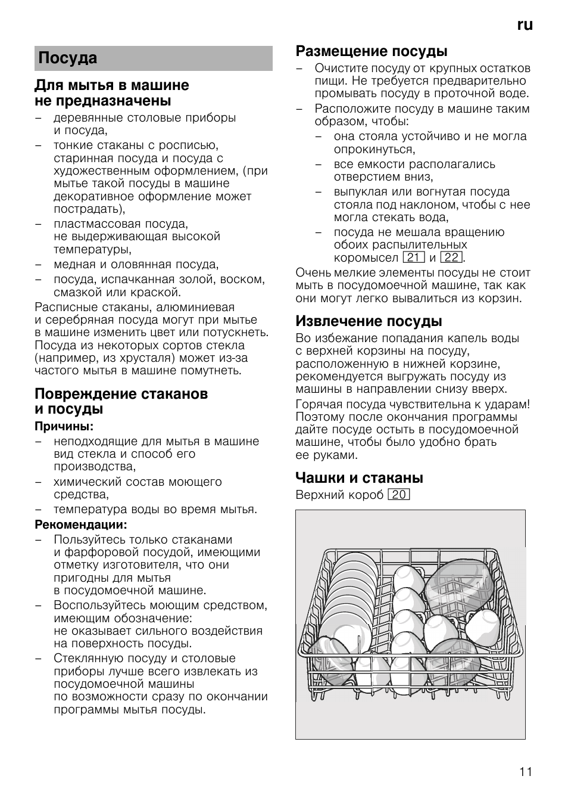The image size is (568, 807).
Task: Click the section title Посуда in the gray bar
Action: point(67,58)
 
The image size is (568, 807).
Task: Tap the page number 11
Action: point(525,772)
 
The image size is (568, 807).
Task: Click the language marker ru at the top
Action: point(525,24)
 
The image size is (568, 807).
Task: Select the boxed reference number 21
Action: point(413,257)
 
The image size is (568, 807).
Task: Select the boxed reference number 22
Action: point(451,257)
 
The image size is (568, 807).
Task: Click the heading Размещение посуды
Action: point(372,51)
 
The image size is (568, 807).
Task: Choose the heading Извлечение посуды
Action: point(369,321)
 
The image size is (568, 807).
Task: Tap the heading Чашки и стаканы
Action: point(359,477)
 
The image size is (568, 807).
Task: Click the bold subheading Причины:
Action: point(64,426)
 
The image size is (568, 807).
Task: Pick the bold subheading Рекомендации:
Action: point(80,524)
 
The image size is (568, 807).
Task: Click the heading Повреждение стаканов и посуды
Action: point(121,401)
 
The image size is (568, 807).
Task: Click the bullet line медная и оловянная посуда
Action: point(136,265)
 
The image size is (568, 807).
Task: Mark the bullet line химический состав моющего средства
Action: point(137,488)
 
